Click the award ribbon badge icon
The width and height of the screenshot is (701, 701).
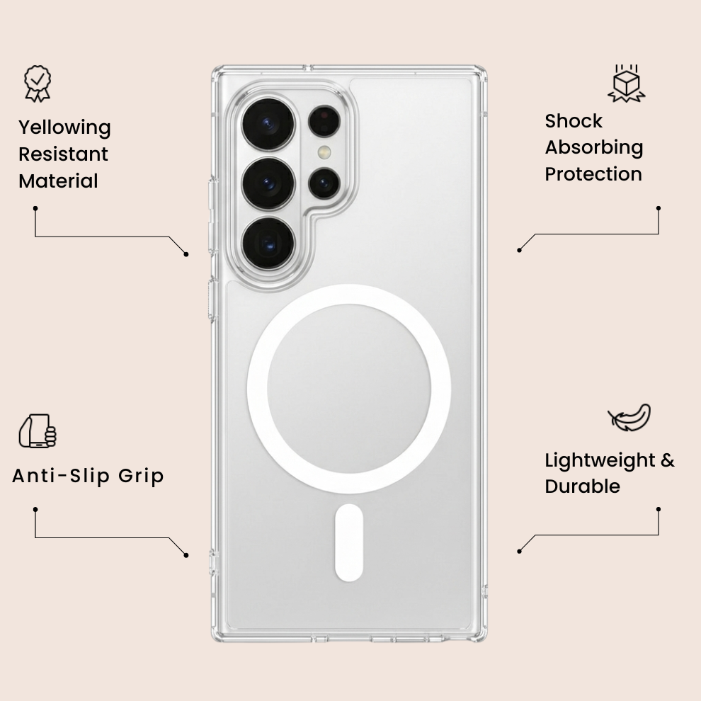(38, 84)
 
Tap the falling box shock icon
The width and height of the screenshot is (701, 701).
(627, 83)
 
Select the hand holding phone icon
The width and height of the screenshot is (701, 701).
(38, 431)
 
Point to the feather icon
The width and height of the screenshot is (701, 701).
(629, 417)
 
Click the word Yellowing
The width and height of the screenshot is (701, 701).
(65, 128)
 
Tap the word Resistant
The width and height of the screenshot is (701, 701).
(63, 154)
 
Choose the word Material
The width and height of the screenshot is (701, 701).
(58, 181)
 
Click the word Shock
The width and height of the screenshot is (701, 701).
(574, 121)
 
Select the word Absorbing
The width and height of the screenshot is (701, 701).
(594, 148)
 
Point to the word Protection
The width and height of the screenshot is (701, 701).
(593, 174)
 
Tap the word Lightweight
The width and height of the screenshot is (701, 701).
(600, 460)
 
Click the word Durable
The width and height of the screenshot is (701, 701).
(583, 486)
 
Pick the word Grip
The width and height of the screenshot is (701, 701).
(142, 477)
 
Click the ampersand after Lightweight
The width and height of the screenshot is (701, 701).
(668, 460)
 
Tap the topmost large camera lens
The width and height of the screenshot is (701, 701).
(268, 125)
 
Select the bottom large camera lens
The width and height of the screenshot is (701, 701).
(268, 244)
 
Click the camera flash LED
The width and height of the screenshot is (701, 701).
(324, 152)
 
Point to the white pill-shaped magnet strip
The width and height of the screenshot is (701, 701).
(348, 542)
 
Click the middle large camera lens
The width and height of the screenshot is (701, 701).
(268, 183)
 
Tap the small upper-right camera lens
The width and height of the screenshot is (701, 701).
(324, 120)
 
